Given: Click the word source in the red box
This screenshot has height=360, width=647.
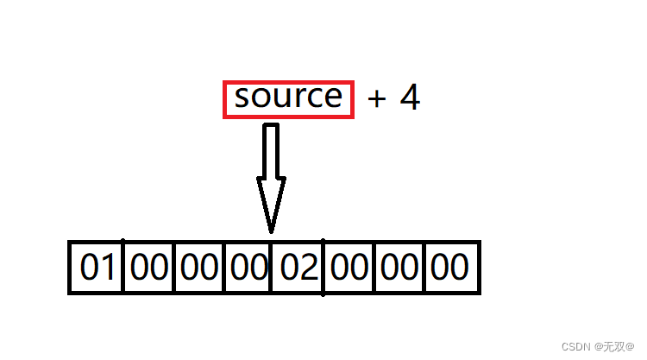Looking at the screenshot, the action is tap(288, 98).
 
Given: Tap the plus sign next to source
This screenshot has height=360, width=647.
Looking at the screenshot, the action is tap(376, 99).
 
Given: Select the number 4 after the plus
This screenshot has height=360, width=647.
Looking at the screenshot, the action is tap(410, 98).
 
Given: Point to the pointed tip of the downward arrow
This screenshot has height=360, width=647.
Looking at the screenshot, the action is tap(271, 229).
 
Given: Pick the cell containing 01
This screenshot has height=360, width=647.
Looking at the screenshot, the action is tap(97, 268).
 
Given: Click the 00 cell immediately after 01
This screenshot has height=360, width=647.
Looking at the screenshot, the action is tap(148, 268).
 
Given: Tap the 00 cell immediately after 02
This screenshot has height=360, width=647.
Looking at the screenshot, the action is tap(349, 268).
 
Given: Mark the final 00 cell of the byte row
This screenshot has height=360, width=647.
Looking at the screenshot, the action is tap(449, 268).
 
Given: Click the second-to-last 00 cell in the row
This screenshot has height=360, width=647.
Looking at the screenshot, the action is tap(399, 268).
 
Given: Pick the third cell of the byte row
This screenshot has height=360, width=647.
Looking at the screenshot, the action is tap(199, 268).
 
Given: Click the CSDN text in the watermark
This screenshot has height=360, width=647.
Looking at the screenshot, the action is tap(575, 345).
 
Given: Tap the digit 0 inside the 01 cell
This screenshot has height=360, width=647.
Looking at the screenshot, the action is tap(89, 268).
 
